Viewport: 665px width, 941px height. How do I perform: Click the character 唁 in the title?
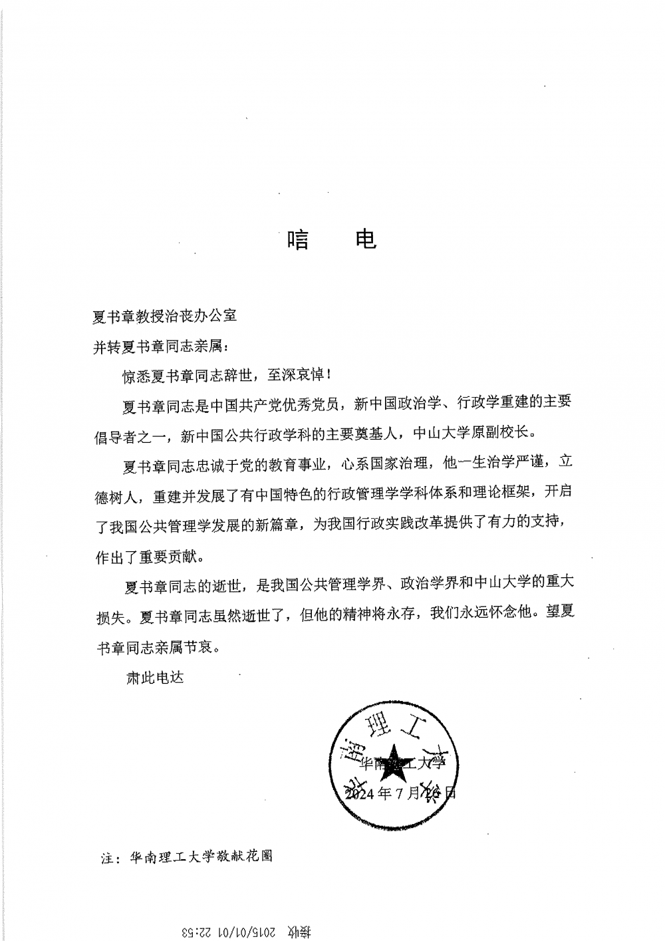[x=299, y=239]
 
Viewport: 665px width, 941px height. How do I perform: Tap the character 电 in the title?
[x=365, y=239]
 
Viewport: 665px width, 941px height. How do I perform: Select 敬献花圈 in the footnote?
[x=243, y=857]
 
